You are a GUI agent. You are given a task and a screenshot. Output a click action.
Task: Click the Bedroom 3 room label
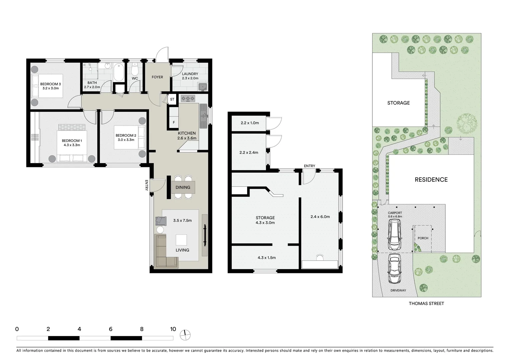tap(50, 84)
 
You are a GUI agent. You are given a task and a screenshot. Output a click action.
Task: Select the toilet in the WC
tap(135, 70)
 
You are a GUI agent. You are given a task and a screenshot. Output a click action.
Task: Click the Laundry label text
tap(190, 74)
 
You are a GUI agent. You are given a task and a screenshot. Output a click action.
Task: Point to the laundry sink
tap(202, 87)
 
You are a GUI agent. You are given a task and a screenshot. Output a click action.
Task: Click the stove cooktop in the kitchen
tap(188, 98)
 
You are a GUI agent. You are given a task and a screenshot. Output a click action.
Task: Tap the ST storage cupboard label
tap(172, 99)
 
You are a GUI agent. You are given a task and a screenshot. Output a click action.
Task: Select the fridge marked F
tap(174, 122)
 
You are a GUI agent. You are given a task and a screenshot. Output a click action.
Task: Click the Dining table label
tap(183, 187)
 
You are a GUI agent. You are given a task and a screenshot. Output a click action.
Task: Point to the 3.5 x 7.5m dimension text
tap(182, 220)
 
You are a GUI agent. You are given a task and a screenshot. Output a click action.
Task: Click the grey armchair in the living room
tap(161, 220)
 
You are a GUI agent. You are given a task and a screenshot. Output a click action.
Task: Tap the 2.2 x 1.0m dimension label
tap(249, 123)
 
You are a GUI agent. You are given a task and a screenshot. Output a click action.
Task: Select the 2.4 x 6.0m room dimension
tap(320, 217)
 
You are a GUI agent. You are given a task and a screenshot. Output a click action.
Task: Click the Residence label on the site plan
tap(431, 180)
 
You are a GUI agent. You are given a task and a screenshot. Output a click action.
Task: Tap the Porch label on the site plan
tap(423, 238)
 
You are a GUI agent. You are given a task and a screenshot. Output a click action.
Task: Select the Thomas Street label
tap(426, 303)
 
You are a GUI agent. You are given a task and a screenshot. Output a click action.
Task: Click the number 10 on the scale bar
tap(173, 329)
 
